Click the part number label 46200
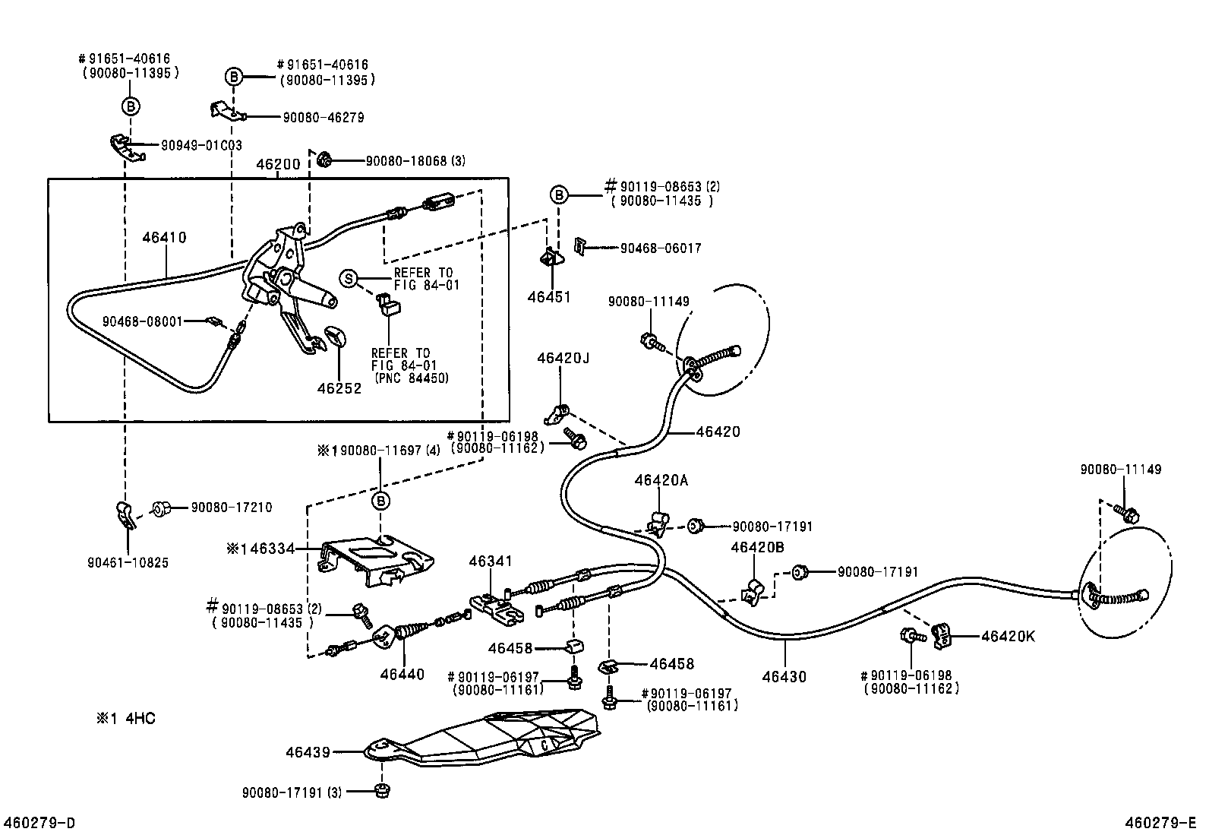click(x=278, y=165)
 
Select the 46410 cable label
click(x=164, y=238)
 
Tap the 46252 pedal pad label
click(x=339, y=388)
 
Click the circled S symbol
click(x=349, y=279)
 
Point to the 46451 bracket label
click(x=549, y=297)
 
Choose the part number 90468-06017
click(x=660, y=248)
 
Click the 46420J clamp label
click(x=563, y=358)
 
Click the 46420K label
click(x=1008, y=637)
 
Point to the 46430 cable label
click(x=784, y=676)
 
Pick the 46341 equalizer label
click(x=491, y=561)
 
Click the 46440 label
click(x=402, y=674)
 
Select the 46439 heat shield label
click(x=308, y=752)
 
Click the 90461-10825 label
click(x=128, y=563)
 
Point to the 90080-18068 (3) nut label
click(x=415, y=160)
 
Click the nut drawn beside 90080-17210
click(x=161, y=508)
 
